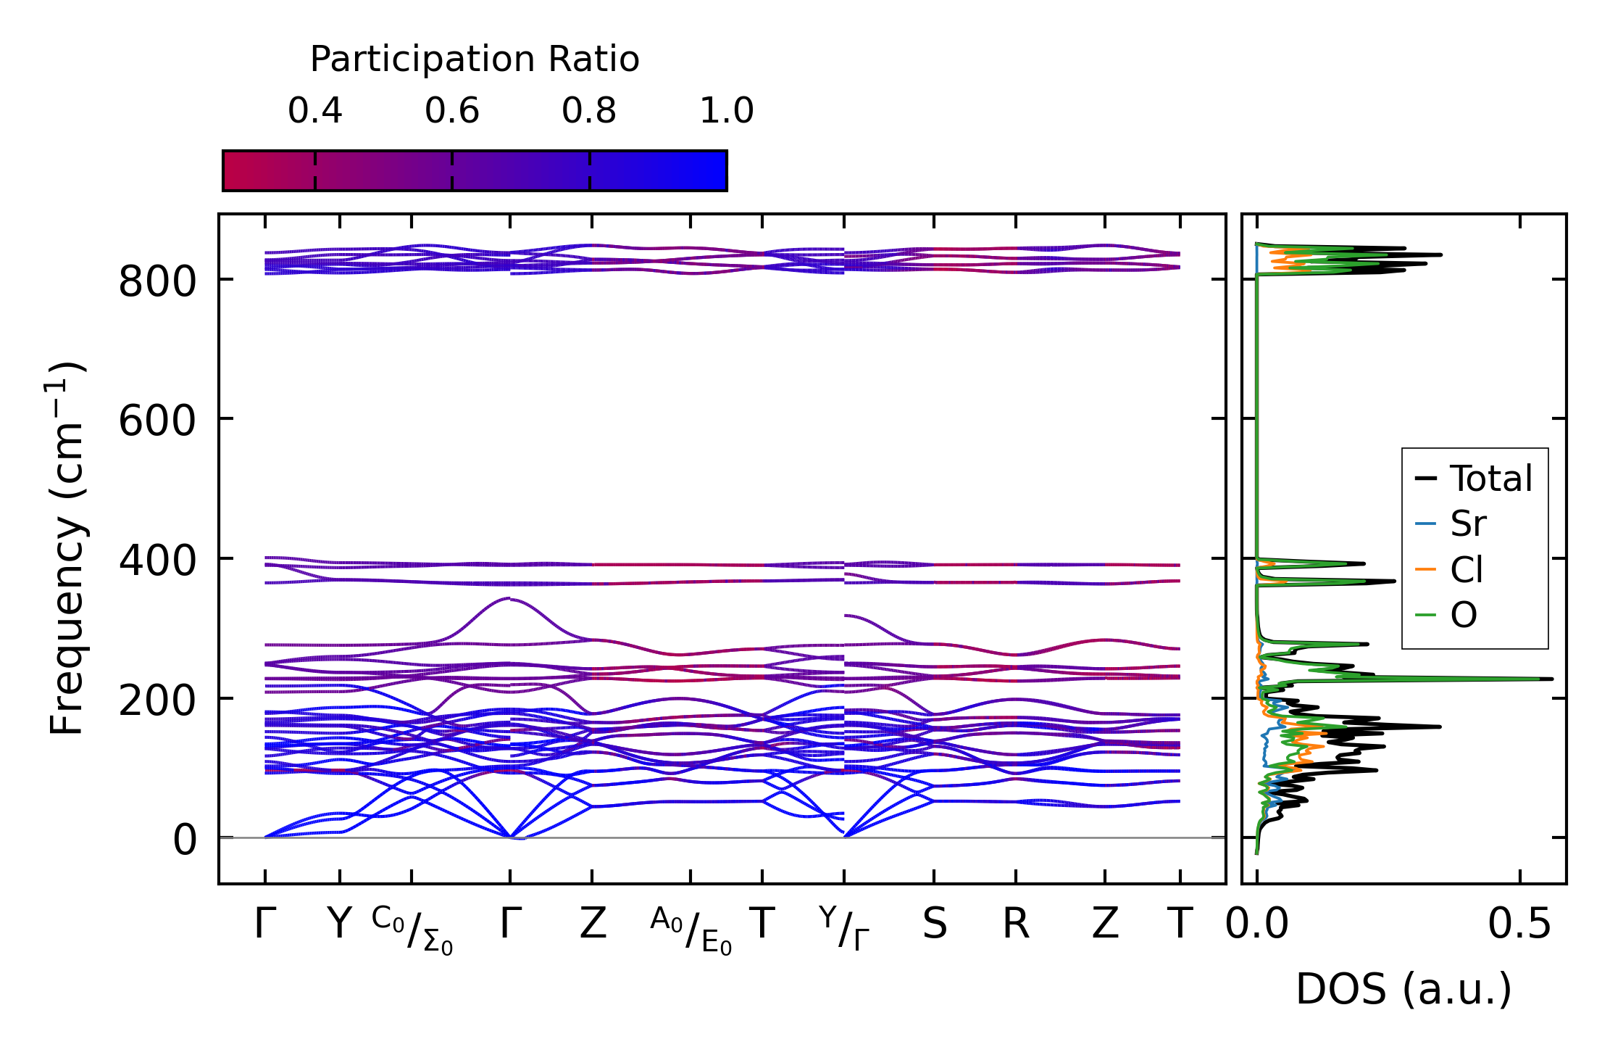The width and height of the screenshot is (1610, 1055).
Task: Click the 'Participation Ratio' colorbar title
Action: click(x=475, y=59)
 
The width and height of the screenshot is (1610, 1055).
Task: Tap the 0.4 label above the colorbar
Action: click(x=314, y=111)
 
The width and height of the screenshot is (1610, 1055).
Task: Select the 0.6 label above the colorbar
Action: click(x=452, y=111)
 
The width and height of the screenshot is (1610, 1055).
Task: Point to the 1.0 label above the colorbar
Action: click(x=726, y=111)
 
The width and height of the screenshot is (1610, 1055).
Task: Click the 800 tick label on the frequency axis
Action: click(x=157, y=281)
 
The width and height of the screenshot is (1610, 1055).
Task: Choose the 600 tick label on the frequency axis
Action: click(x=157, y=421)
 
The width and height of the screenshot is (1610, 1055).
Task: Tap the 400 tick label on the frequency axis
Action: click(x=157, y=560)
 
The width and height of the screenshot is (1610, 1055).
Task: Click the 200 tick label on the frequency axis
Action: click(x=157, y=700)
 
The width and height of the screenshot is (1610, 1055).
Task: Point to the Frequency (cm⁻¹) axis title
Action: click(x=67, y=548)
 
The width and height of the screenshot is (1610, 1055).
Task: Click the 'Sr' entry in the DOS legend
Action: click(x=1468, y=524)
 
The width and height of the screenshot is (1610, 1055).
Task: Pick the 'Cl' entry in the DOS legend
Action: click(x=1467, y=570)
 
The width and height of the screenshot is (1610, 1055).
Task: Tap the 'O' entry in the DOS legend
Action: click(x=1464, y=616)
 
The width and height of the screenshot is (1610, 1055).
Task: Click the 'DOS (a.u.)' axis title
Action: click(x=1403, y=989)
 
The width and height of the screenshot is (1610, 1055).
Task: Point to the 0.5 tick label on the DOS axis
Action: click(x=1519, y=924)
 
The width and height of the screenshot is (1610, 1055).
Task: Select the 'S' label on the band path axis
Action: click(x=934, y=924)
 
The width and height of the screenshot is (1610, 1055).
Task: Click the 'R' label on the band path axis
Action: click(x=1016, y=924)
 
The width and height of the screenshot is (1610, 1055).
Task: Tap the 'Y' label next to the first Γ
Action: click(x=339, y=924)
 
